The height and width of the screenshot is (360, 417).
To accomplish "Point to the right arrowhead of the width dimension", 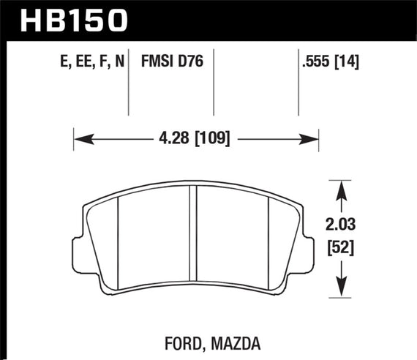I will (x=312, y=137).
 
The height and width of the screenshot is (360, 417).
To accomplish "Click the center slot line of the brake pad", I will (x=194, y=234).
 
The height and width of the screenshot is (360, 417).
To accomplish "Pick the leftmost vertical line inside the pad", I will (x=119, y=236).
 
